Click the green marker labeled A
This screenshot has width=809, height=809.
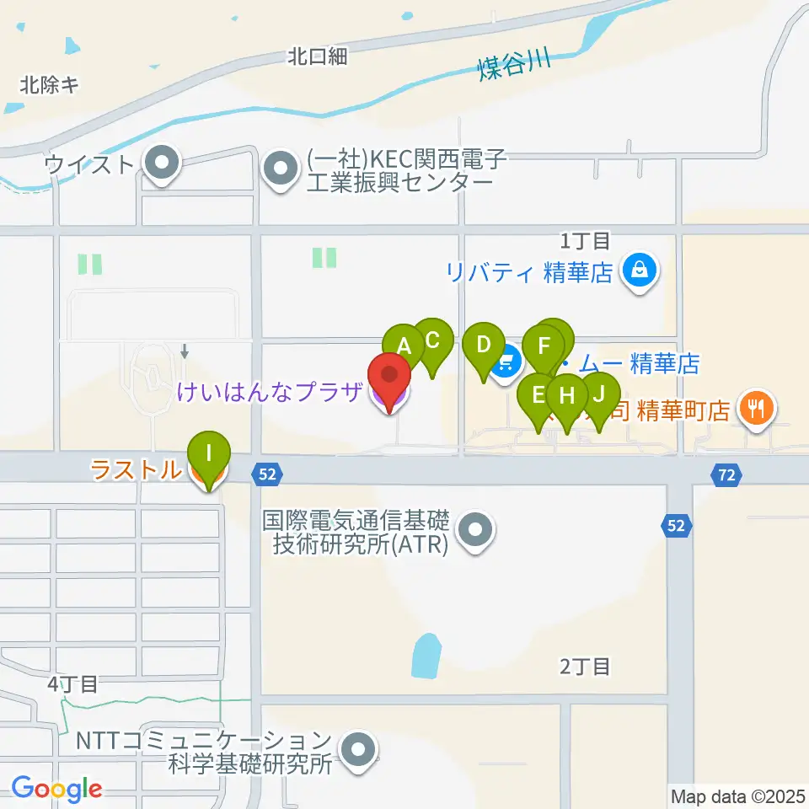(x=403, y=345)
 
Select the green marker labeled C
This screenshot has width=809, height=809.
(x=432, y=340)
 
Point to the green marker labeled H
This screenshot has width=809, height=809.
(x=566, y=395)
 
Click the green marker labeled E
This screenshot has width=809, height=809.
(x=536, y=394)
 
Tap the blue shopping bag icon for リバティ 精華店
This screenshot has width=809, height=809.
(x=640, y=271)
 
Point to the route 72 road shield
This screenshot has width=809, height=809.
(x=726, y=475)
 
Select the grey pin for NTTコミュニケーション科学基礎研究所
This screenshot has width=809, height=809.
(x=358, y=747)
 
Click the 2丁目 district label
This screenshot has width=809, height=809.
(x=585, y=667)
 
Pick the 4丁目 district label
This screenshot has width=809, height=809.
(x=72, y=683)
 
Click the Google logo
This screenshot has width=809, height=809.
(x=56, y=789)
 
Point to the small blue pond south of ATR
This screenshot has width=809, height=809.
(x=426, y=655)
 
